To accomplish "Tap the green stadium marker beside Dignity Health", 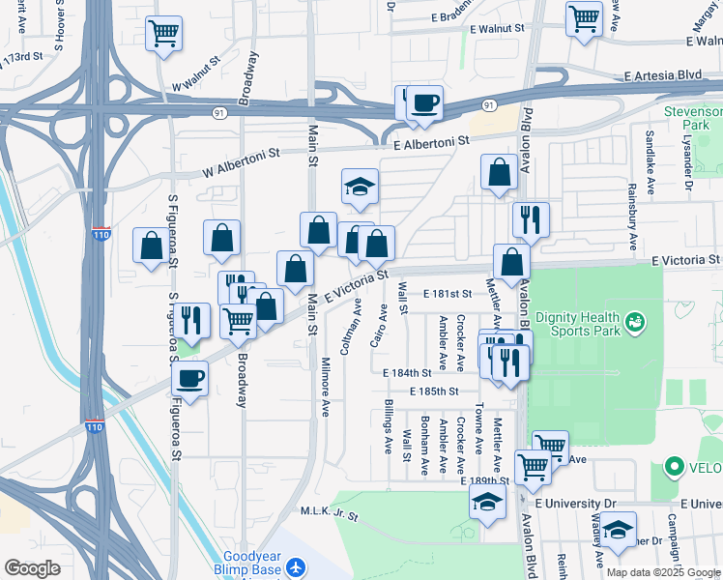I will tap(635, 320).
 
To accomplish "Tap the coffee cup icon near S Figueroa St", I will tap(190, 380).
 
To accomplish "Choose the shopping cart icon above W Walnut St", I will tap(164, 33).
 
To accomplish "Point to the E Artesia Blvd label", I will tap(661, 75).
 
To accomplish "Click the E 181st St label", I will tap(446, 293).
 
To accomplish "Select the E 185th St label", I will tap(432, 391).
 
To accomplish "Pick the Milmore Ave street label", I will tap(326, 390).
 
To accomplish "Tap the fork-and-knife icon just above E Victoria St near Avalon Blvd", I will tap(531, 220).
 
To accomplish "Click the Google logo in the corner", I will tap(33, 567).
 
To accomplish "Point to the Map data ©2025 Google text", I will tap(663, 572).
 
